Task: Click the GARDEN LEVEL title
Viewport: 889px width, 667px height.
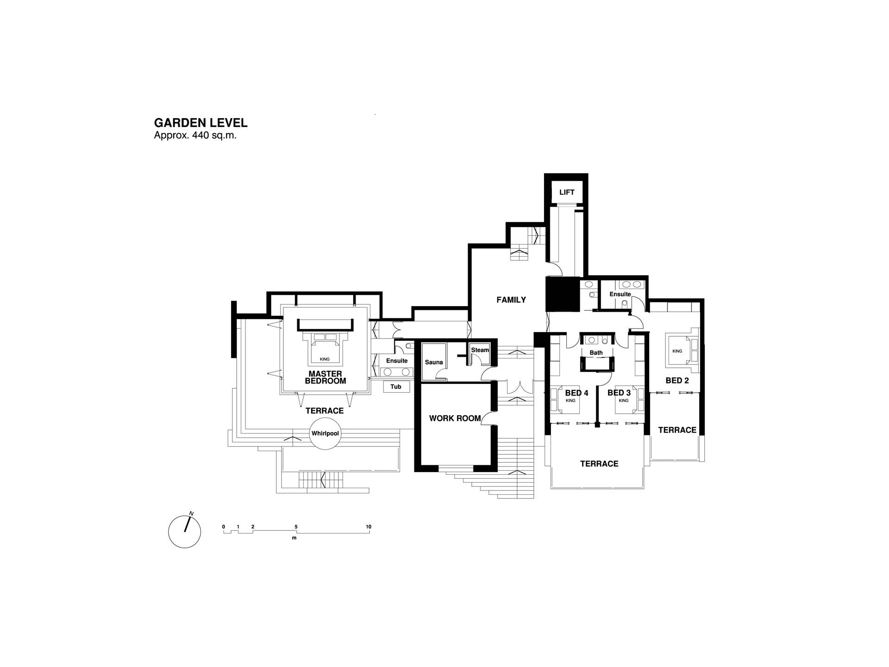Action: [200, 123]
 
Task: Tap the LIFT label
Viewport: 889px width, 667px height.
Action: [567, 192]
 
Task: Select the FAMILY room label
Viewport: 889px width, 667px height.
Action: [511, 300]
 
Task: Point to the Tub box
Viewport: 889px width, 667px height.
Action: [396, 386]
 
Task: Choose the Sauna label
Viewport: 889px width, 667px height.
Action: [434, 362]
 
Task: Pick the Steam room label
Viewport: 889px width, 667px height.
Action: [480, 350]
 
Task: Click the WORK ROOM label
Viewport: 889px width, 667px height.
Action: [455, 418]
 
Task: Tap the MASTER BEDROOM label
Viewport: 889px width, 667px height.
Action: [326, 378]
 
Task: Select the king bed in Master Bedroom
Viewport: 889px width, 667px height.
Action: [325, 348]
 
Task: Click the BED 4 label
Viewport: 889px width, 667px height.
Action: [576, 393]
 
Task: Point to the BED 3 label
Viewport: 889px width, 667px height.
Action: [619, 393]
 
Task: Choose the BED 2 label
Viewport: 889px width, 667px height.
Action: [677, 380]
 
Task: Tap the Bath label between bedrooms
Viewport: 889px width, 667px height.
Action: [596, 353]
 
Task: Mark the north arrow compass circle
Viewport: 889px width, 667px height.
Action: [185, 532]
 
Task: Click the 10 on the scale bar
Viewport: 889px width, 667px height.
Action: [369, 527]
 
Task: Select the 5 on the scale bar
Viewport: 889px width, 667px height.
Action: [296, 527]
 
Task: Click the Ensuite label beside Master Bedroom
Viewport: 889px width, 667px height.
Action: [397, 361]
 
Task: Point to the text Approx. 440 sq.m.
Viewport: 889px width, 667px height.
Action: [195, 136]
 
